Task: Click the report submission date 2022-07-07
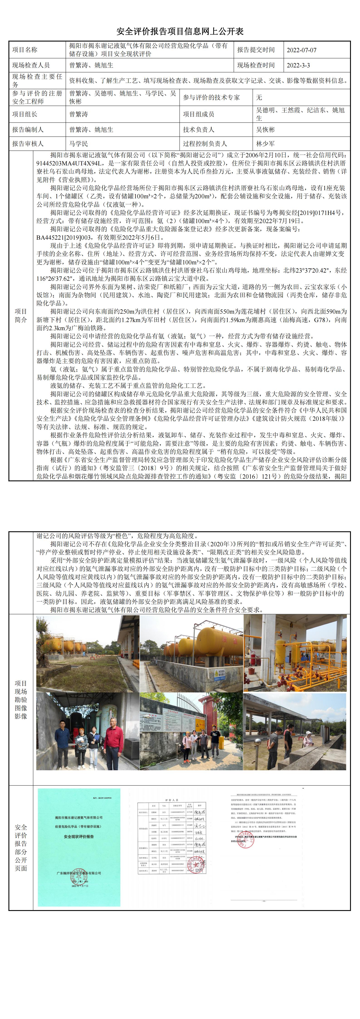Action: click(x=301, y=50)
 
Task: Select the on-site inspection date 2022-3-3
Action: click(x=298, y=66)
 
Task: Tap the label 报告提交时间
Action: click(x=256, y=50)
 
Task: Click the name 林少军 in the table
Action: click(x=265, y=144)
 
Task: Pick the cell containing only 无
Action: click(x=259, y=97)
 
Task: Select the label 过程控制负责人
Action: click(x=205, y=144)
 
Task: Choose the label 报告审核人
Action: click(x=28, y=144)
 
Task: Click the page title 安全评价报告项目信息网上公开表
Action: click(x=180, y=32)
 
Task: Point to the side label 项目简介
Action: click(x=21, y=315)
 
